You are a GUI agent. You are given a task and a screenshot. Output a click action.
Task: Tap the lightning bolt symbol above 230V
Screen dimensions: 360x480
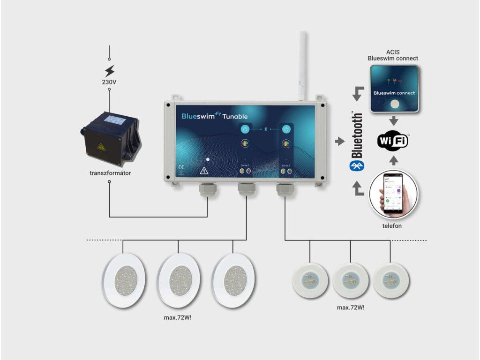109,71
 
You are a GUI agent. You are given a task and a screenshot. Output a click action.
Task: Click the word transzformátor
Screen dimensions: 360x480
110,173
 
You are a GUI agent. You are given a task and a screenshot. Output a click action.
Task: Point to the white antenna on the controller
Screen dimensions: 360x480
302,66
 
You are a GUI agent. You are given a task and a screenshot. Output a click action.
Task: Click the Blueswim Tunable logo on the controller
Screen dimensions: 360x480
215,116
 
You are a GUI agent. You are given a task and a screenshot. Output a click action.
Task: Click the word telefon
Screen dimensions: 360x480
392,226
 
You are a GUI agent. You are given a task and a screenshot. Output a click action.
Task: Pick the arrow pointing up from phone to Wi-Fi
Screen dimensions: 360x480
394,161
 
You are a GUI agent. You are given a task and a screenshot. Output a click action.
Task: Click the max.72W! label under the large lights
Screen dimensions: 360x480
178,317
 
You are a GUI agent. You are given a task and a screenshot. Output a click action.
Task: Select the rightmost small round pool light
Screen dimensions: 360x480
391,280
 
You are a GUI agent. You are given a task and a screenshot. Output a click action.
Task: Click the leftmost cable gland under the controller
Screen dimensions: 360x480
208,190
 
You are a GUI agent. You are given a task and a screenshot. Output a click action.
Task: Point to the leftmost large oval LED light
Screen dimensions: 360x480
124,280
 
